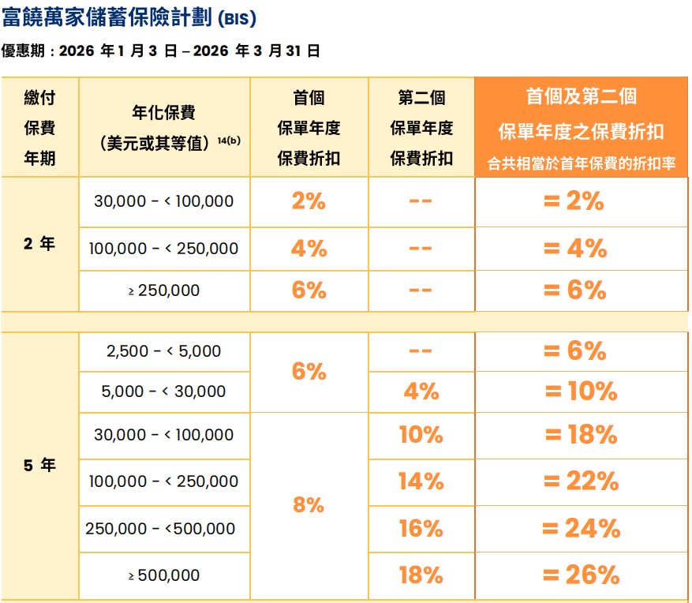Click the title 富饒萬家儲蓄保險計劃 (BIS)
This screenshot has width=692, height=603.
click(x=129, y=17)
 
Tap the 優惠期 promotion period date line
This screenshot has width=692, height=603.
click(x=161, y=51)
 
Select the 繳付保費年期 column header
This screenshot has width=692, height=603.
click(x=39, y=127)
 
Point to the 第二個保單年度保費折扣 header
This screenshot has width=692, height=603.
click(x=421, y=127)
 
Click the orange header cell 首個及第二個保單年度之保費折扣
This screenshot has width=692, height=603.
click(x=582, y=127)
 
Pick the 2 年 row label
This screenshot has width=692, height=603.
click(x=39, y=244)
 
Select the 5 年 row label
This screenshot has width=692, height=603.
click(x=39, y=466)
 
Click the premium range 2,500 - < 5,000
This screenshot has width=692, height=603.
click(x=164, y=351)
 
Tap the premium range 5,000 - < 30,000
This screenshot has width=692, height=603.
click(x=164, y=391)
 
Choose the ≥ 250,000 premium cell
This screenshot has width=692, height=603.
click(x=164, y=290)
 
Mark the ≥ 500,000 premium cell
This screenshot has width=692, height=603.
click(x=164, y=575)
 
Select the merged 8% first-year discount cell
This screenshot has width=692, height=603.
click(x=309, y=505)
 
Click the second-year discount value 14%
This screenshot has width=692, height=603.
click(x=421, y=481)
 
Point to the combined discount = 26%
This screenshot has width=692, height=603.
click(x=582, y=575)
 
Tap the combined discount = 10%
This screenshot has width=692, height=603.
click(x=582, y=391)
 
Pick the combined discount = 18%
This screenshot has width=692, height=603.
click(x=582, y=435)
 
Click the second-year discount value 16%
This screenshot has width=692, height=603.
click(x=421, y=528)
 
